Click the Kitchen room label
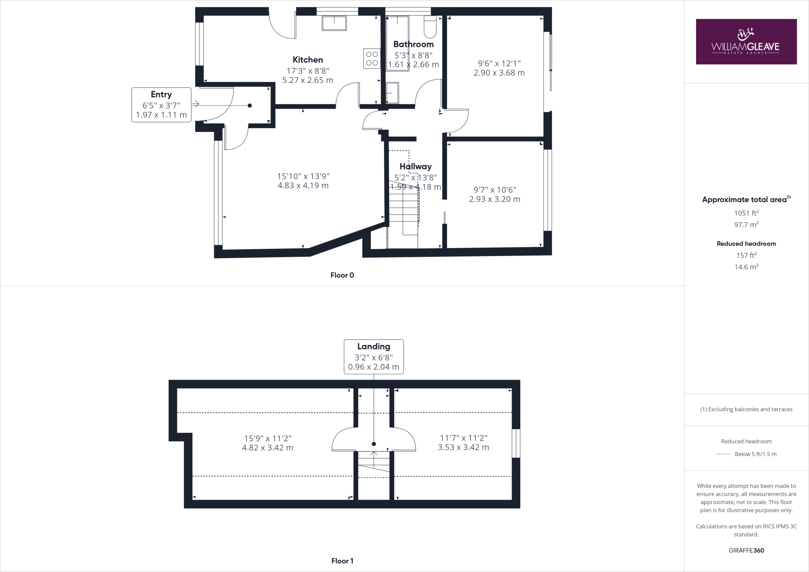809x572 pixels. (307, 60)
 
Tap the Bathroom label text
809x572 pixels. (413, 44)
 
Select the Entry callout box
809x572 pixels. (161, 105)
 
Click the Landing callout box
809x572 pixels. (373, 356)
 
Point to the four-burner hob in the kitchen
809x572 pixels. (371, 58)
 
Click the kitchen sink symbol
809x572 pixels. (334, 23)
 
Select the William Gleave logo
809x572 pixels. (746, 41)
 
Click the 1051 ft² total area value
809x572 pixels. (746, 213)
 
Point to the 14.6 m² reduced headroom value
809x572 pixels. (746, 267)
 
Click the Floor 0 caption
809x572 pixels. (342, 275)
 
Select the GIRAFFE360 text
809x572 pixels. (746, 550)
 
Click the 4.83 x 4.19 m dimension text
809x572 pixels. (303, 186)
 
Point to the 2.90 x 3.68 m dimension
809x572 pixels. (499, 73)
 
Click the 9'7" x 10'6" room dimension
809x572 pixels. (495, 190)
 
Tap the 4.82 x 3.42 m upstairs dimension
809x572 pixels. (267, 448)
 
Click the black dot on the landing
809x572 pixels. (374, 444)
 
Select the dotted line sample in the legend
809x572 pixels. (723, 454)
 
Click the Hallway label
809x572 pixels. (415, 166)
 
